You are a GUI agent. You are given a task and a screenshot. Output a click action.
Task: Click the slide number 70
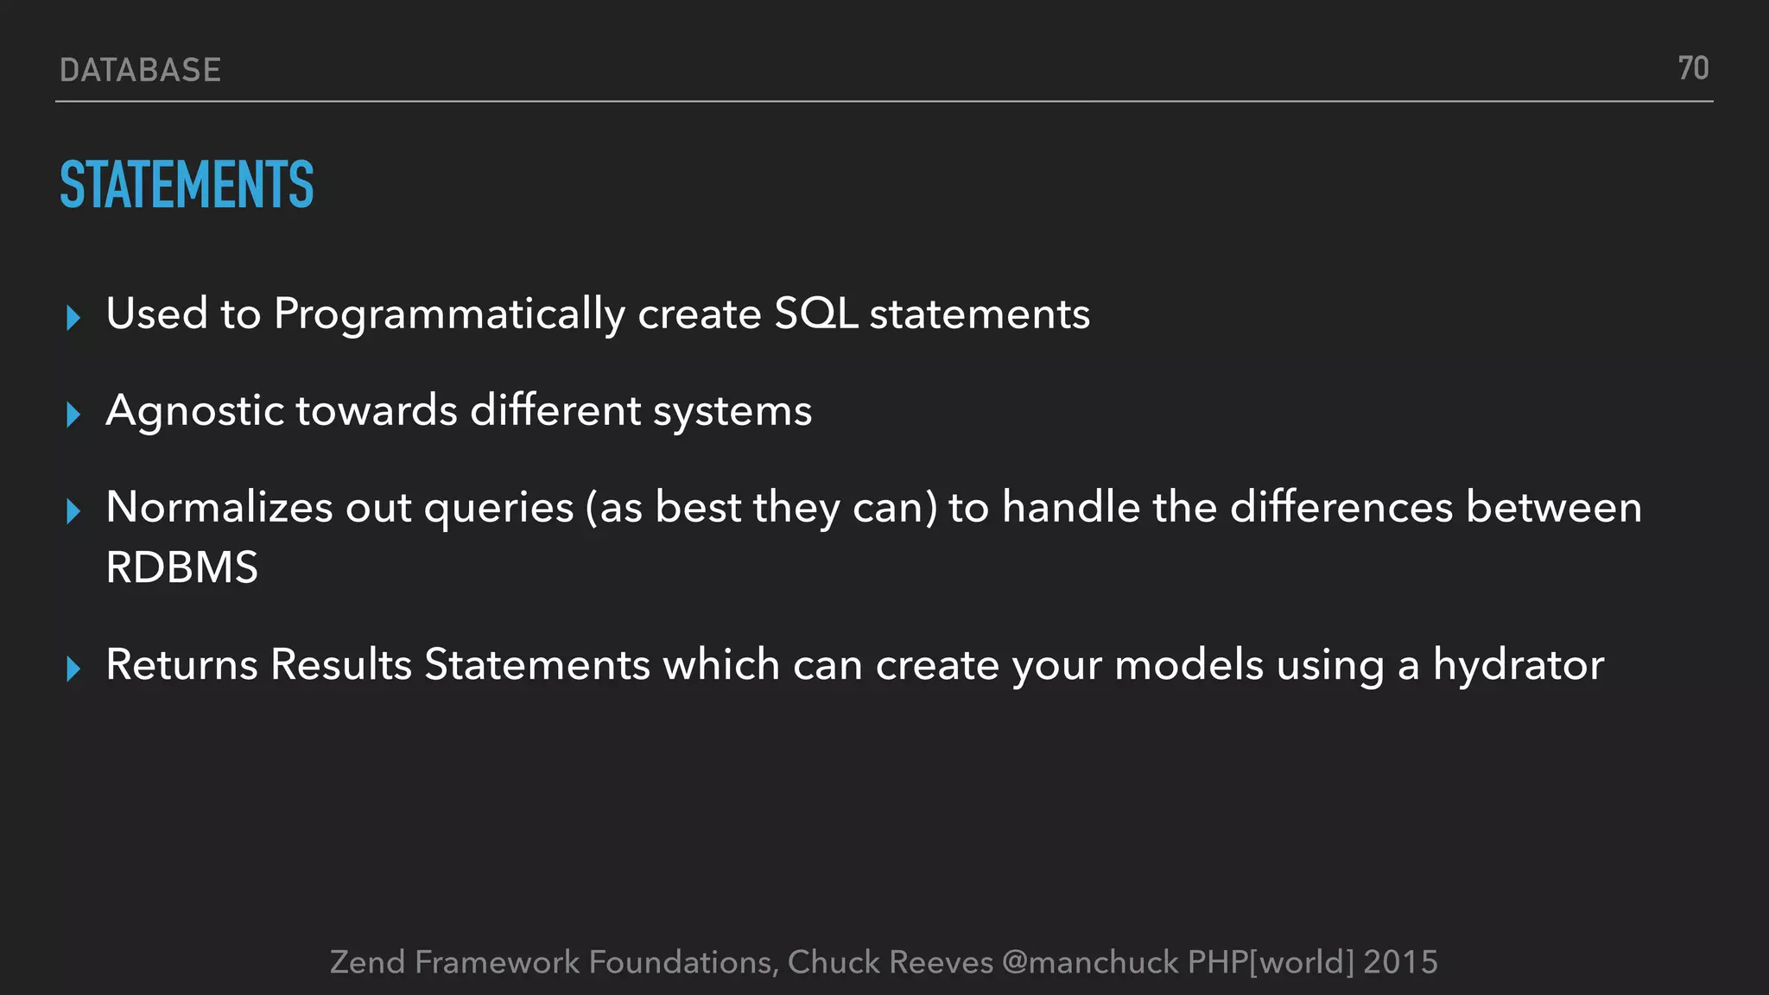[1693, 68]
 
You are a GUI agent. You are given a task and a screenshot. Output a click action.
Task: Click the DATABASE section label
[141, 70]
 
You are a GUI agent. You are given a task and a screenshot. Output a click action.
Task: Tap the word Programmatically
[449, 314]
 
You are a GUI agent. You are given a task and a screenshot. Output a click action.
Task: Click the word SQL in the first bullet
[815, 314]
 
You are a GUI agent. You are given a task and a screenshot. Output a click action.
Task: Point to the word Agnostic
[194, 411]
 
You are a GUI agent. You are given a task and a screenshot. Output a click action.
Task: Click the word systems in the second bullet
[732, 412]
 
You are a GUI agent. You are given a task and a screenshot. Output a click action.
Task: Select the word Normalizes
[219, 507]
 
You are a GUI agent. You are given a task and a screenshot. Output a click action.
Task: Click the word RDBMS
[181, 568]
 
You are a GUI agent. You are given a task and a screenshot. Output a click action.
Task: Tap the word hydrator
[1518, 666]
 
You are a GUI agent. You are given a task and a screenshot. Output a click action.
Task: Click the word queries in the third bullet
[498, 509]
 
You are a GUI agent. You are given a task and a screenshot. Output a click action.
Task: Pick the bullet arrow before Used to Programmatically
[73, 318]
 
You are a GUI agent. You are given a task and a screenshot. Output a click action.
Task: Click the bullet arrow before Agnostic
[73, 415]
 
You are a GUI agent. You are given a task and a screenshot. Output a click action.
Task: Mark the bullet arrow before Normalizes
[73, 511]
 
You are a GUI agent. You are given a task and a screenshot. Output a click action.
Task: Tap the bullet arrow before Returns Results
[73, 669]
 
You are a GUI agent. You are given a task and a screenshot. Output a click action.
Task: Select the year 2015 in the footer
[1400, 962]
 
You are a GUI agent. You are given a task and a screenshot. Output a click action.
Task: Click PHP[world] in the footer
[1271, 962]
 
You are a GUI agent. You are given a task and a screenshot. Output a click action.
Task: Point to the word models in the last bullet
[1189, 666]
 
